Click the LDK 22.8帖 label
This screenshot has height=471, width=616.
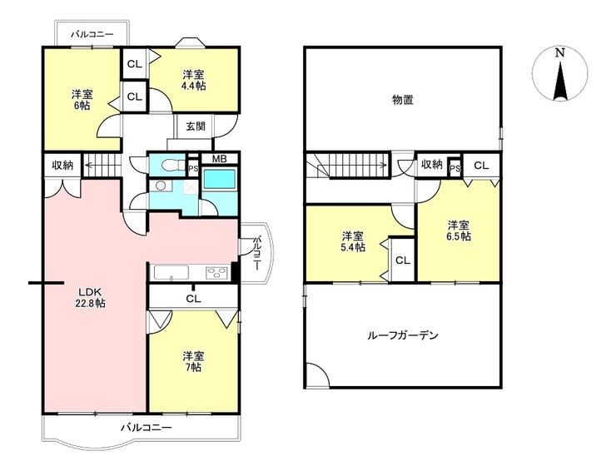(92, 297)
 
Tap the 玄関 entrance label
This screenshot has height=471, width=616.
(196, 126)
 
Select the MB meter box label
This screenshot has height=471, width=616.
(219, 159)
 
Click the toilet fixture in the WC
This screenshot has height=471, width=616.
(168, 166)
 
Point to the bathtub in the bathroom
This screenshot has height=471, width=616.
(220, 180)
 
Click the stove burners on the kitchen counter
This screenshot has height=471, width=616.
(217, 273)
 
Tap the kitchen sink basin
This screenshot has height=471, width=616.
(171, 273)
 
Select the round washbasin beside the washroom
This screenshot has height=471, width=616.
(161, 186)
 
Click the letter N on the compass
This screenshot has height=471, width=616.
(560, 52)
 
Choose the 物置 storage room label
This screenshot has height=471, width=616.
(403, 100)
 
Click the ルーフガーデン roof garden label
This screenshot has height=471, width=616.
(402, 335)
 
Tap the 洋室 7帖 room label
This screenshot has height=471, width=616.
(193, 362)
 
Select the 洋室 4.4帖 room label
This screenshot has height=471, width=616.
(194, 80)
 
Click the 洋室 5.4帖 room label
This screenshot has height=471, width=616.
(353, 241)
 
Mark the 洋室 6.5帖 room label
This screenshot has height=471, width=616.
(460, 231)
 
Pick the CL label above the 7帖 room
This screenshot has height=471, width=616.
(193, 299)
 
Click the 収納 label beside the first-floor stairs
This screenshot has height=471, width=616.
(63, 165)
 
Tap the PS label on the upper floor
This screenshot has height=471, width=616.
(455, 169)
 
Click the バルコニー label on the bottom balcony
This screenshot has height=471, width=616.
(147, 427)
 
